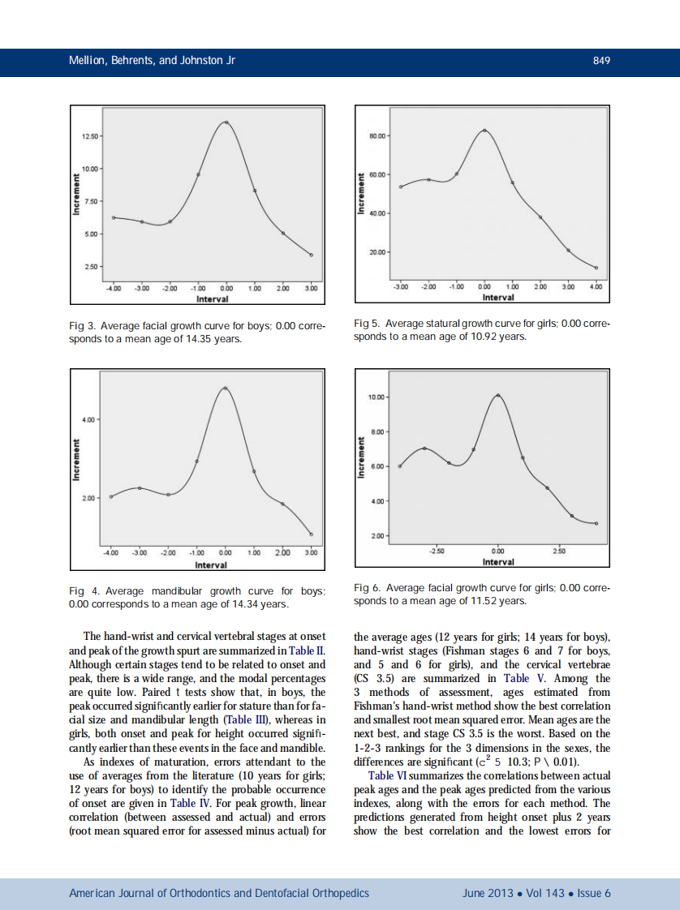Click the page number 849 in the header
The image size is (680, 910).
coord(601,61)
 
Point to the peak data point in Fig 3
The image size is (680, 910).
coord(226,122)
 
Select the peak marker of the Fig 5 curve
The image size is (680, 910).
coord(484,130)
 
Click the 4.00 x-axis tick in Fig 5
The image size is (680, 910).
coord(596,286)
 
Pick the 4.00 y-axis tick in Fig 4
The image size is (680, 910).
coord(88,419)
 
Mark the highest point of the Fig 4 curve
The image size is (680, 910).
coord(225,388)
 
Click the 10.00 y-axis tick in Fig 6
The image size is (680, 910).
coord(376,397)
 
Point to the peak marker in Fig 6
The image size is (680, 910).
coord(498,395)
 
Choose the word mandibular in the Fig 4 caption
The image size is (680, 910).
coord(174,590)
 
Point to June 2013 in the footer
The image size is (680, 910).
coord(487,893)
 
